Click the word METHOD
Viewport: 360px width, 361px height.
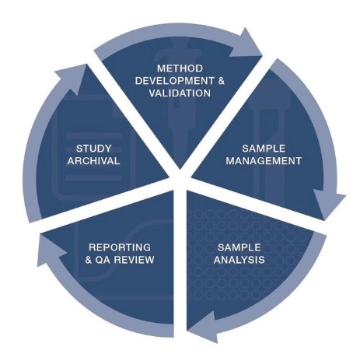(x=180, y=68)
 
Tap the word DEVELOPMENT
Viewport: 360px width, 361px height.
(x=175, y=81)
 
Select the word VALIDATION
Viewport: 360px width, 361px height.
(x=180, y=93)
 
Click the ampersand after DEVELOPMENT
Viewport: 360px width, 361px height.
(x=221, y=81)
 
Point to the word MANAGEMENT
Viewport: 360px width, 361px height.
(x=264, y=161)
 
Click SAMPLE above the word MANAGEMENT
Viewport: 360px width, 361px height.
(x=264, y=149)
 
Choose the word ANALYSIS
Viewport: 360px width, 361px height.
(x=239, y=260)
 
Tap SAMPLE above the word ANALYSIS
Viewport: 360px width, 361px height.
(x=239, y=247)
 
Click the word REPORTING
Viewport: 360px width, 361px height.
(x=120, y=247)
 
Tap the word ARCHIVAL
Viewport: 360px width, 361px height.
(x=93, y=161)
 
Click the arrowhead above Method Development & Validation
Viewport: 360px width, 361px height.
(x=246, y=44)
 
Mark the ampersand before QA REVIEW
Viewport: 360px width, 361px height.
(x=89, y=260)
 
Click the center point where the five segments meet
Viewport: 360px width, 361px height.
(x=180, y=179)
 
